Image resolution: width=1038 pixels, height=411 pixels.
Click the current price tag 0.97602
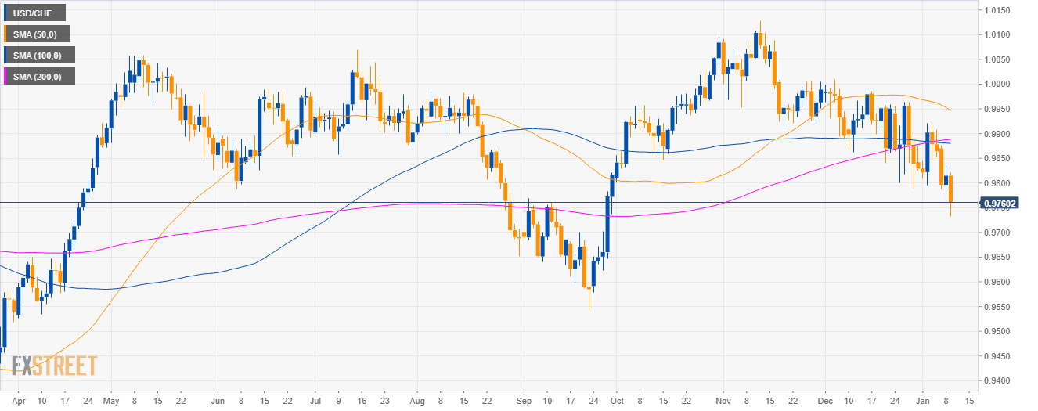(x=1005, y=203)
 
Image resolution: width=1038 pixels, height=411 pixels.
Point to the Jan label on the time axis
(x=924, y=400)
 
